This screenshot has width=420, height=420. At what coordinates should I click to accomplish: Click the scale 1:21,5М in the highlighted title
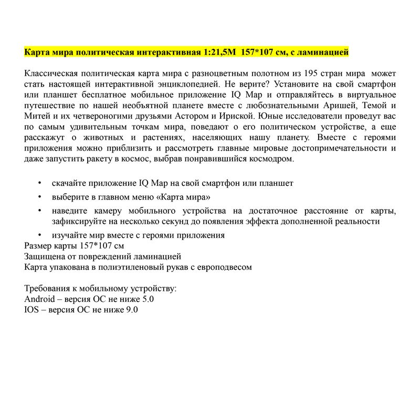(x=219, y=52)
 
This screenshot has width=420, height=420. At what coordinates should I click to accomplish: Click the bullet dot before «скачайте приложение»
(x=40, y=183)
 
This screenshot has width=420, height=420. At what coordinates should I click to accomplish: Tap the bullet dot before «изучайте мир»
(x=40, y=235)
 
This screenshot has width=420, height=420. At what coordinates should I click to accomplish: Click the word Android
(x=40, y=299)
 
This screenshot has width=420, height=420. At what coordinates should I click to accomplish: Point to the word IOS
(x=31, y=310)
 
